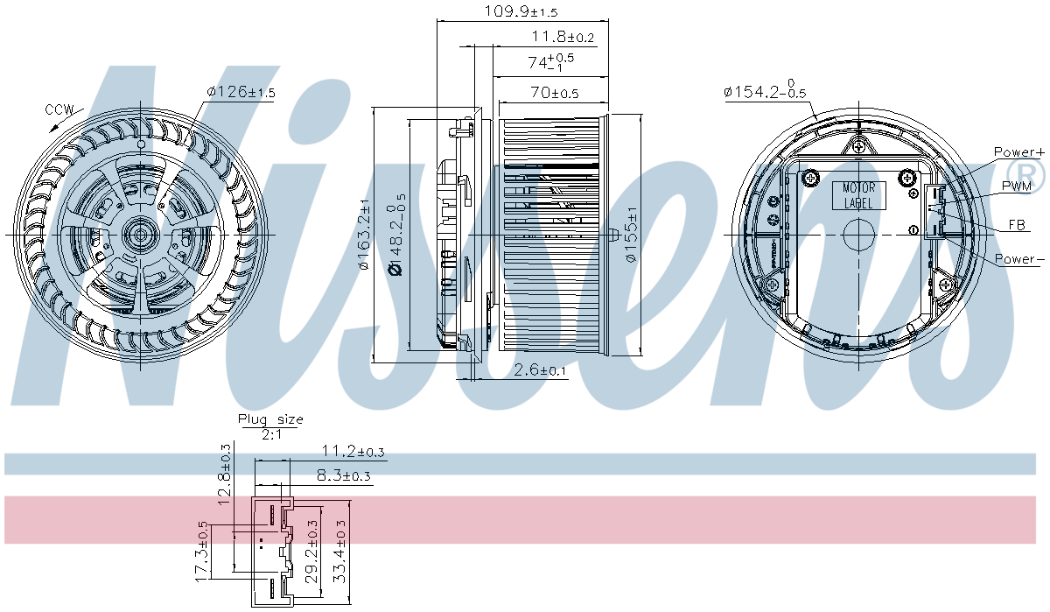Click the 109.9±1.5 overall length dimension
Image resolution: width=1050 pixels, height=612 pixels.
[521, 11]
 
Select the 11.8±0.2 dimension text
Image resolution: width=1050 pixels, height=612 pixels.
[563, 36]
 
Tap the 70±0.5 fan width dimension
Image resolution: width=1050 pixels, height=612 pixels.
[555, 93]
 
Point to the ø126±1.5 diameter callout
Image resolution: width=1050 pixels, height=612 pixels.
[241, 91]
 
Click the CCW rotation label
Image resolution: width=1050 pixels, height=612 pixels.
[59, 109]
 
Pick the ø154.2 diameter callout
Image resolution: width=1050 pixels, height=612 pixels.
[765, 90]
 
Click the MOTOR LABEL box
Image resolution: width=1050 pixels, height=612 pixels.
[858, 195]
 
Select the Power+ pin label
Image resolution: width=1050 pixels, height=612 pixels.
[1019, 152]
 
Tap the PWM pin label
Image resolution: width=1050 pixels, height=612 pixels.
[1016, 186]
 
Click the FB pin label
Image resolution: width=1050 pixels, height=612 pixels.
[1017, 225]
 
